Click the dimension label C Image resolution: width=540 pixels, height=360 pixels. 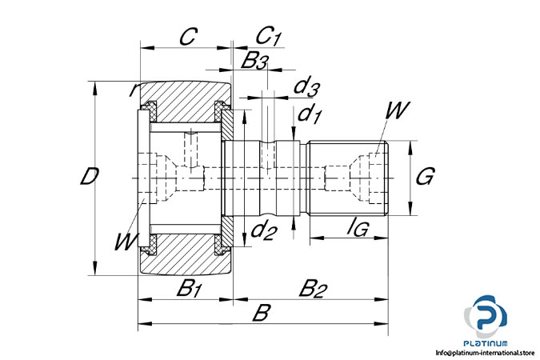pyautogui.click(x=188, y=37)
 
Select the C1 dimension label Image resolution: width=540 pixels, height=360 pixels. pyautogui.click(x=269, y=37)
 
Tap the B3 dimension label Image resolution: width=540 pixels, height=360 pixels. pyautogui.click(x=255, y=60)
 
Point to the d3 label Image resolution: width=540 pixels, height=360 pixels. pyautogui.click(x=307, y=86)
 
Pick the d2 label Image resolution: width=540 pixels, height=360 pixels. pyautogui.click(x=263, y=232)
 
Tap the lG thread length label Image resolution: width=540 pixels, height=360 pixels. pyautogui.click(x=357, y=230)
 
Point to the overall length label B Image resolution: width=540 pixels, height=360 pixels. pyautogui.click(x=260, y=313)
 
